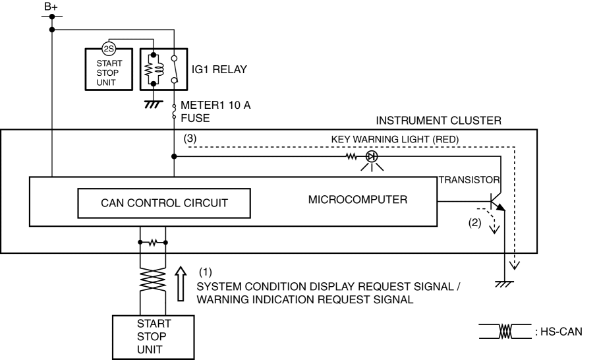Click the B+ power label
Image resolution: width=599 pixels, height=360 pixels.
point(51,6)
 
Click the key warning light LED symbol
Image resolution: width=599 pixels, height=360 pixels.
point(371,157)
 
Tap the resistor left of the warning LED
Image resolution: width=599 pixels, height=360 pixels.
point(351,157)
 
